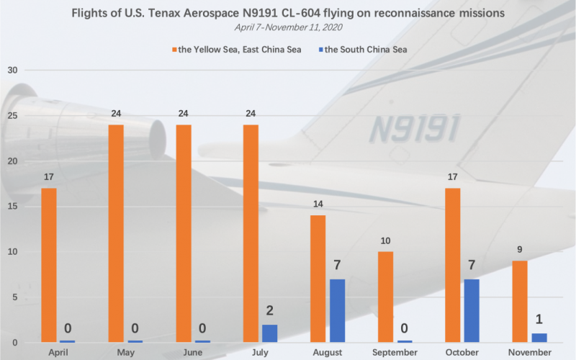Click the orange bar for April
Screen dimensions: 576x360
point(49,265)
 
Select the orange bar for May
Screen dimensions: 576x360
point(116,233)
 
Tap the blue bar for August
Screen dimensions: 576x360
point(337,311)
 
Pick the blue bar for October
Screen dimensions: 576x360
point(472,311)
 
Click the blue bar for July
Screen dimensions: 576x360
point(269,333)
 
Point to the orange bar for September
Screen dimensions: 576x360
point(385,297)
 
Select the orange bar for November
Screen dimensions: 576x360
point(520,302)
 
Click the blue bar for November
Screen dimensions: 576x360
point(539,338)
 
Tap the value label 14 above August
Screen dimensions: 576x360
point(318,204)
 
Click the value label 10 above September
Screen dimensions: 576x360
point(385,241)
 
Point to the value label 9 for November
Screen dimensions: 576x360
point(520,250)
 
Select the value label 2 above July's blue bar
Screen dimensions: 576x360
point(269,311)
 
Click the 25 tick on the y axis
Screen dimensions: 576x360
point(12,116)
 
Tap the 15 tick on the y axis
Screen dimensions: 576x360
point(12,207)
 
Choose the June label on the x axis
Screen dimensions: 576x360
point(193,353)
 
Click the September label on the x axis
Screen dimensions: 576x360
point(395,353)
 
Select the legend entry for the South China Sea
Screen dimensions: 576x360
point(363,50)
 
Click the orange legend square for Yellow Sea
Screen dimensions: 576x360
point(174,50)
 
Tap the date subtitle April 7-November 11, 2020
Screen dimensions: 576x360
point(289,27)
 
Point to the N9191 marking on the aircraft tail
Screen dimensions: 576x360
point(415,128)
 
